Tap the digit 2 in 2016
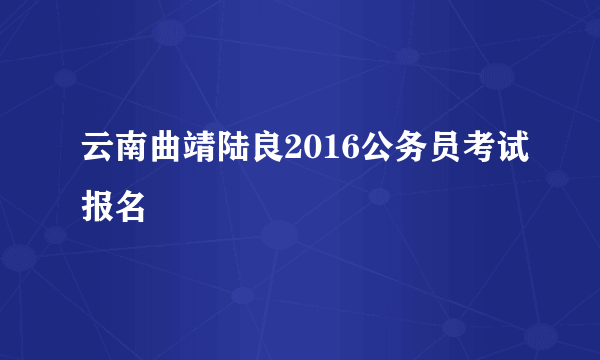(x=293, y=152)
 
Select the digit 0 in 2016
(x=310, y=152)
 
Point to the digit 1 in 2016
(x=327, y=152)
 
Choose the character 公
(x=370, y=152)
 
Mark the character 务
(x=404, y=152)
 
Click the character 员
(x=438, y=152)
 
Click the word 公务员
(x=404, y=152)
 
